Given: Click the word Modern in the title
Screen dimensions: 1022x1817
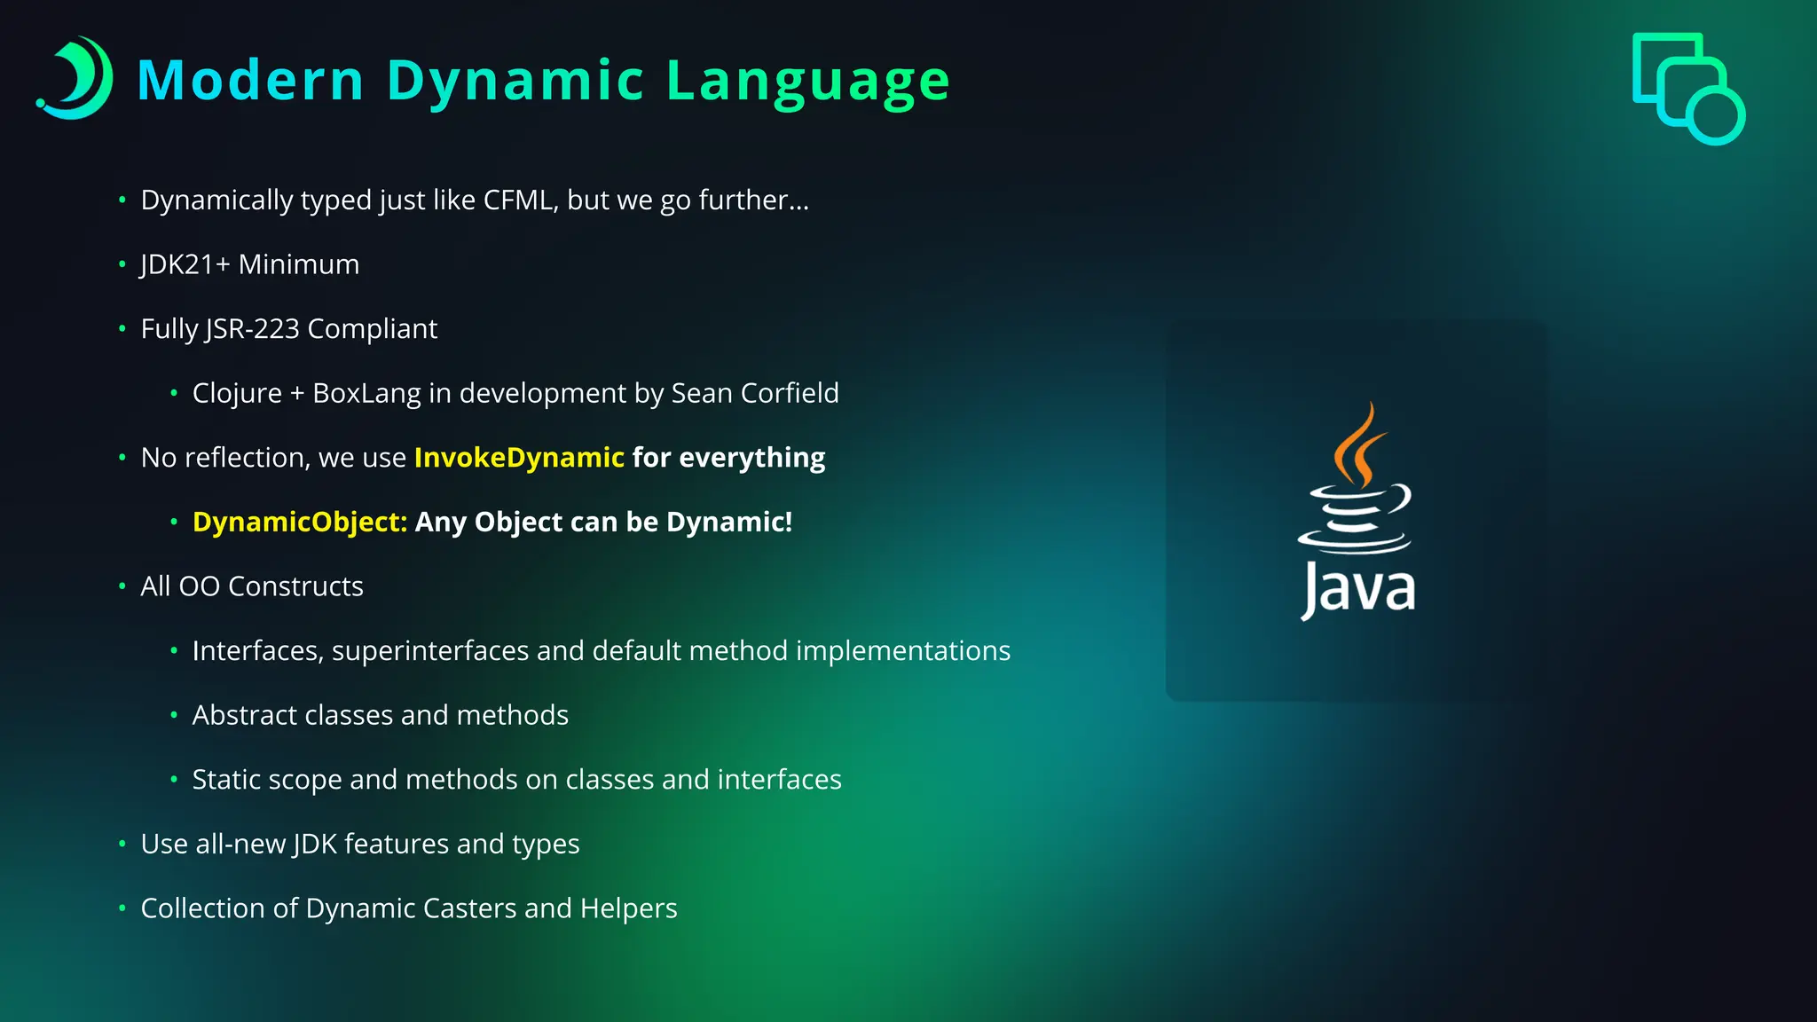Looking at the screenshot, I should [x=250, y=81].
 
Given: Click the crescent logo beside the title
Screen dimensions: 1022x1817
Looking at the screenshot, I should [x=76, y=78].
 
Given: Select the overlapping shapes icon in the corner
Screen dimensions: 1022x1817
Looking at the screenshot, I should [x=1687, y=88].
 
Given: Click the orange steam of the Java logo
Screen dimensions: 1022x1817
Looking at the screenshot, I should [x=1357, y=444].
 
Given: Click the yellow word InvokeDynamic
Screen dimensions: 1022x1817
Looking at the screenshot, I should [x=519, y=458].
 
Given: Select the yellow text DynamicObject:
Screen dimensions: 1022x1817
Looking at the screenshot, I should [x=299, y=522].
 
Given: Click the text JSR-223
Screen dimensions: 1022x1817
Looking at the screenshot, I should [x=252, y=329].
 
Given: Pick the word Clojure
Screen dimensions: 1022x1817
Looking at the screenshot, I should [x=236, y=393].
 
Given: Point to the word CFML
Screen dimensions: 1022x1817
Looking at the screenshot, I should [x=520, y=200].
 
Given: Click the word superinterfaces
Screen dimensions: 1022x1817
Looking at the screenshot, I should [x=429, y=651].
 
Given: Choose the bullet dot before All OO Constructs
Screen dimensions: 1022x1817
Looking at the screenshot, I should [x=122, y=586].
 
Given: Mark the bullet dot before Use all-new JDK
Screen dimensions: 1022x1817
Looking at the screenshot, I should [x=122, y=844].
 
